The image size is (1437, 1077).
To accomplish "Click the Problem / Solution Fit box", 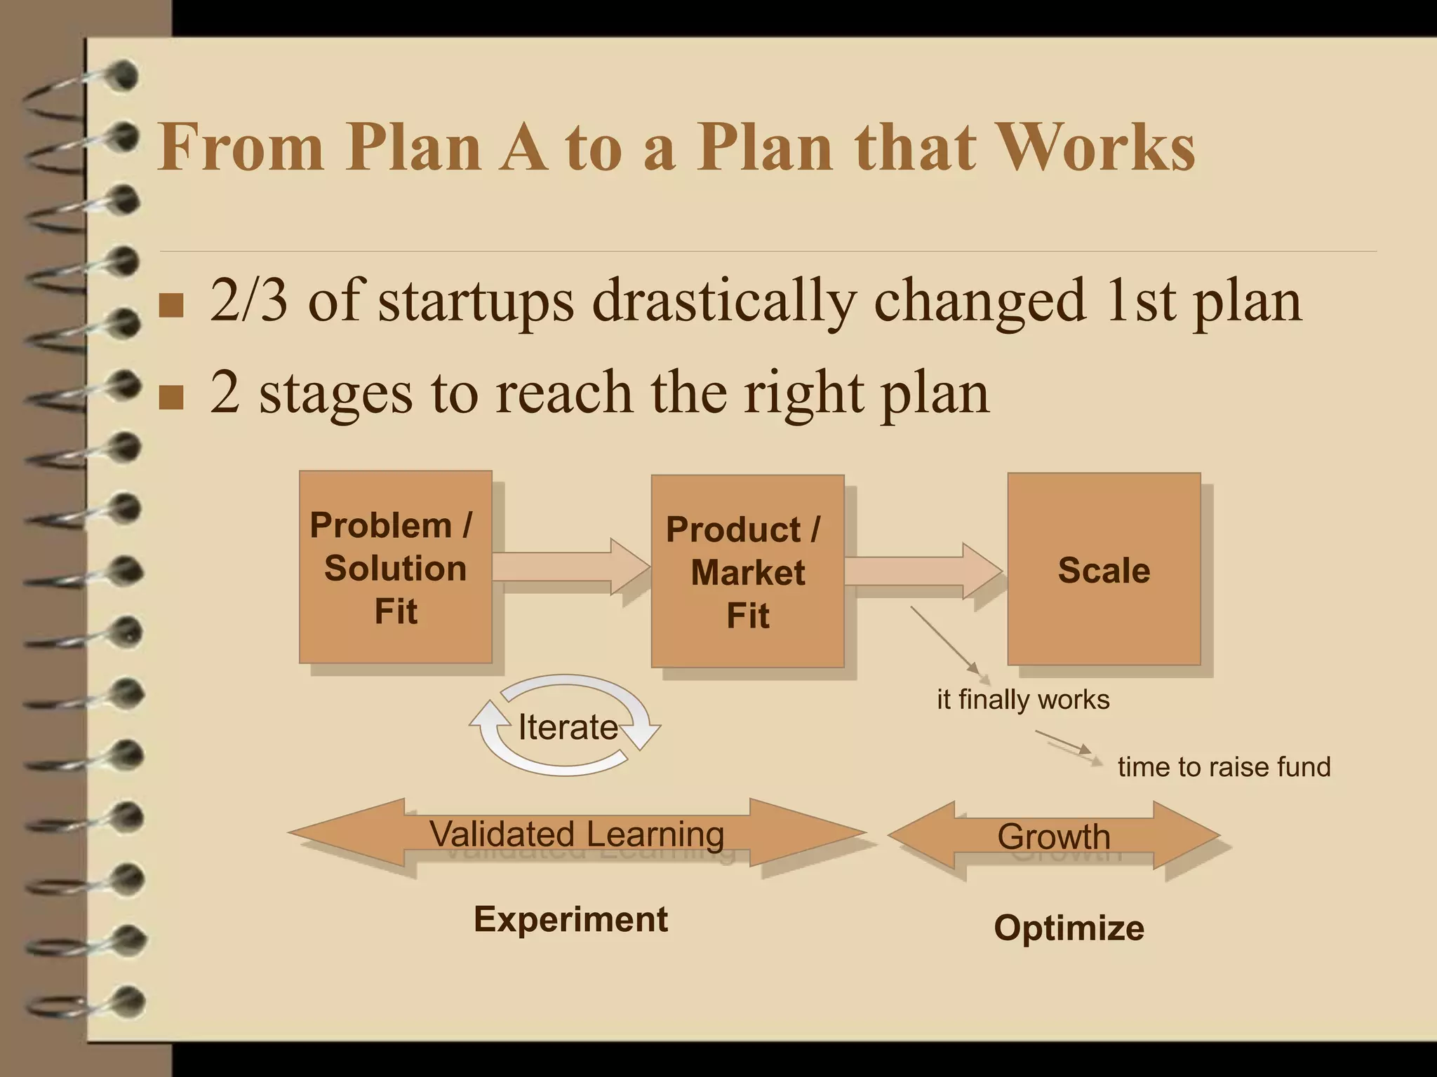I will pyautogui.click(x=395, y=567).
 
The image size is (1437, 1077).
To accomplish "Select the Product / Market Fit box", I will pyautogui.click(x=747, y=571).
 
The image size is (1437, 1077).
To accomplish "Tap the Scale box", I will pyautogui.click(x=1104, y=569).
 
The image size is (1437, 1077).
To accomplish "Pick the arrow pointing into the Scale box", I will pyautogui.click(x=923, y=571).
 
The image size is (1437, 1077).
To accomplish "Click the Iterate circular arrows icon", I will pyautogui.click(x=566, y=726).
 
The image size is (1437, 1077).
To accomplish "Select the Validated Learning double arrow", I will pyautogui.click(x=577, y=834).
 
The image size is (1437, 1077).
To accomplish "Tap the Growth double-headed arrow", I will pyautogui.click(x=1053, y=836).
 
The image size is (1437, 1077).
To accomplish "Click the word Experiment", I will pyautogui.click(x=570, y=919).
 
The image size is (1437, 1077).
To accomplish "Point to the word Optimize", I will pyautogui.click(x=1069, y=928).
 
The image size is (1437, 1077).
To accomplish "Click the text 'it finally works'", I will pyautogui.click(x=1023, y=700).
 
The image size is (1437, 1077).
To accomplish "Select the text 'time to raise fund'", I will pyautogui.click(x=1224, y=767).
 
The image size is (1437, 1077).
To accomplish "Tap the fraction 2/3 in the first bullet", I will pyautogui.click(x=249, y=300).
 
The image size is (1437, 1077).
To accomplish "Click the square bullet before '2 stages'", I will pyautogui.click(x=171, y=396).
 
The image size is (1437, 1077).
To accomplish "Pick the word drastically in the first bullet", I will pyautogui.click(x=723, y=302).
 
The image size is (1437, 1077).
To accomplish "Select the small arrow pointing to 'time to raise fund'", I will pyautogui.click(x=1066, y=744).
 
